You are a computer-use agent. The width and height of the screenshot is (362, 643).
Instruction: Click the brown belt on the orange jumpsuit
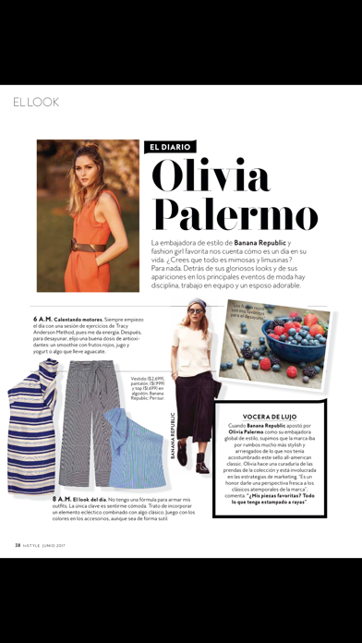point(81,245)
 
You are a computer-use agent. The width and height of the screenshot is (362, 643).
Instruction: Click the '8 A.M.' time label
point(62,498)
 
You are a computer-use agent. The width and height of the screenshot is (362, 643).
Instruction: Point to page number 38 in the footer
point(17,543)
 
